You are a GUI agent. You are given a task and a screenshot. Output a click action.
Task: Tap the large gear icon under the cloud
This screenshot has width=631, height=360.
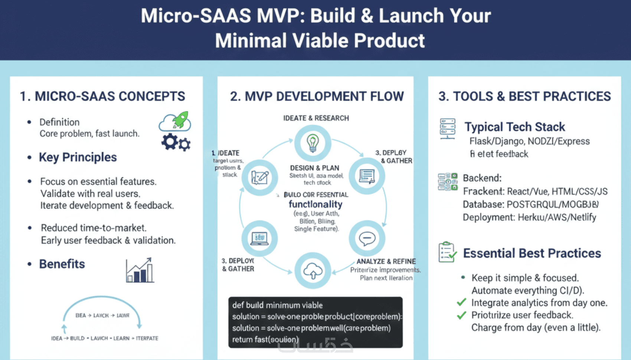[x=170, y=141]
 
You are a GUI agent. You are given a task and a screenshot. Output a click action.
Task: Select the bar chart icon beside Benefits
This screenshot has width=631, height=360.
[x=140, y=270]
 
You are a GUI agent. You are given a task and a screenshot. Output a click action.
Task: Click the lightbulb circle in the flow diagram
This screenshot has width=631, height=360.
[x=313, y=143]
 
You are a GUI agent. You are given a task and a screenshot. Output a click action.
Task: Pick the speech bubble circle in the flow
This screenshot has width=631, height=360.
[x=367, y=238]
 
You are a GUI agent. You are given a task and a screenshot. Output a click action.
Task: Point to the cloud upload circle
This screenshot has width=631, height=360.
[x=313, y=271]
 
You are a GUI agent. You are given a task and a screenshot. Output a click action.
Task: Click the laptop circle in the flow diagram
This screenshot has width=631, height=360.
[x=259, y=238]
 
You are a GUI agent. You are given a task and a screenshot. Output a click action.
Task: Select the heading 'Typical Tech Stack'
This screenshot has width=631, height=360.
[x=514, y=127]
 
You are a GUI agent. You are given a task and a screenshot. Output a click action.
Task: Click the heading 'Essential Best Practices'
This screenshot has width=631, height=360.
[x=532, y=253]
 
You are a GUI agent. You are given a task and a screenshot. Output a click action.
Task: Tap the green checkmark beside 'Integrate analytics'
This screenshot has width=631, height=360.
[x=461, y=302]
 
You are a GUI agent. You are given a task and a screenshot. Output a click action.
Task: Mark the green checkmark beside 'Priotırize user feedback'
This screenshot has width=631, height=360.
[x=461, y=315]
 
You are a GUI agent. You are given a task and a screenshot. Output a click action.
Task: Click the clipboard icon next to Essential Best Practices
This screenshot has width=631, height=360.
[x=447, y=252]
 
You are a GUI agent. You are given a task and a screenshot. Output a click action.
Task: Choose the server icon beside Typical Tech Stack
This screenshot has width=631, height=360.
[x=447, y=128]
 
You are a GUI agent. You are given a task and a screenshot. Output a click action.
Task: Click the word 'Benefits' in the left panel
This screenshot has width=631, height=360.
[x=62, y=264]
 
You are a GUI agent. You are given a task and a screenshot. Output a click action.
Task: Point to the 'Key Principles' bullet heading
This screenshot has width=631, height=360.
[x=78, y=157]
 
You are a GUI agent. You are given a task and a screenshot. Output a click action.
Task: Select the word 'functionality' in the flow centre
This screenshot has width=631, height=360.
[x=315, y=204]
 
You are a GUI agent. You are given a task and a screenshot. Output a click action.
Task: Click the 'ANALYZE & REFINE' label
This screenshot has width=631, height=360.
[x=386, y=261]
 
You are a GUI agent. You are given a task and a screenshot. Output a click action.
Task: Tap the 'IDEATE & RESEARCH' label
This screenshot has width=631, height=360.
[x=316, y=118]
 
